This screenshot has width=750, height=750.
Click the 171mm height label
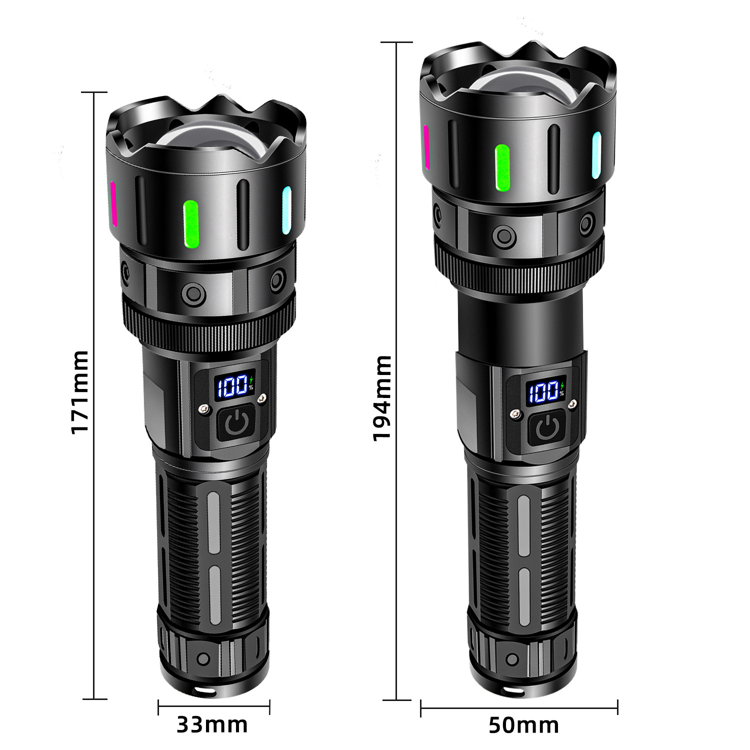pyautogui.click(x=80, y=392)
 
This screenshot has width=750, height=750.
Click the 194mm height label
pyautogui.click(x=382, y=398)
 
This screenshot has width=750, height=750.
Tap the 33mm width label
pyautogui.click(x=212, y=724)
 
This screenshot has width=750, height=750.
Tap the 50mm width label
pyautogui.click(x=523, y=725)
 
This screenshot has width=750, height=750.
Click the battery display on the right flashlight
pyautogui.click(x=545, y=391)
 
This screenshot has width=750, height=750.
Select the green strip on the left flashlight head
pyautogui.click(x=191, y=224)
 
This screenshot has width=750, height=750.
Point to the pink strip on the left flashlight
pyautogui.click(x=113, y=204)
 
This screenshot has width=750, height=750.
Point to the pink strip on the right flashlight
pyautogui.click(x=426, y=147)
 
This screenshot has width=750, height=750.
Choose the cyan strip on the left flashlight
pyautogui.click(x=286, y=210)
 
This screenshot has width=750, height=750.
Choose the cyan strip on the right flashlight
pyautogui.click(x=596, y=155)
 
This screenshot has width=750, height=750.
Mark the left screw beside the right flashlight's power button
pyautogui.click(x=515, y=413)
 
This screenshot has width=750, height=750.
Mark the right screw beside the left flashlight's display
pyautogui.click(x=261, y=398)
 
